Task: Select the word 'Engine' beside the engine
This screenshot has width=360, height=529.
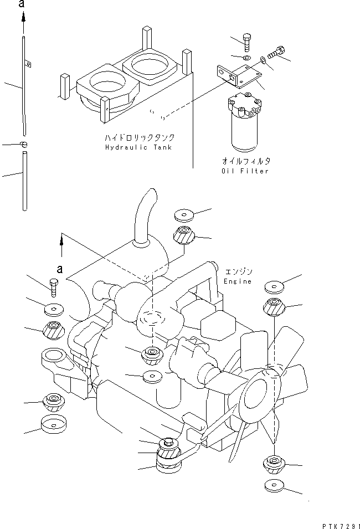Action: pos(237,281)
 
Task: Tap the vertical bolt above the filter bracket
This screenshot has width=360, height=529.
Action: pos(246,42)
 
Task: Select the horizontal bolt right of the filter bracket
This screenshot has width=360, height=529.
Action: pos(275,54)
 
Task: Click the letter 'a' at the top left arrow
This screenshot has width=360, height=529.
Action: pos(23,4)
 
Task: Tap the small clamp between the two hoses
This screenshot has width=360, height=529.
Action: pos(24,144)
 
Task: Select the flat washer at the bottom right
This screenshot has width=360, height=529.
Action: pos(274,487)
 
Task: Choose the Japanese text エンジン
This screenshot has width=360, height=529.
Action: pos(239,272)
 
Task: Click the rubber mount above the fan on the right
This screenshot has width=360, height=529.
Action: pos(275,306)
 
